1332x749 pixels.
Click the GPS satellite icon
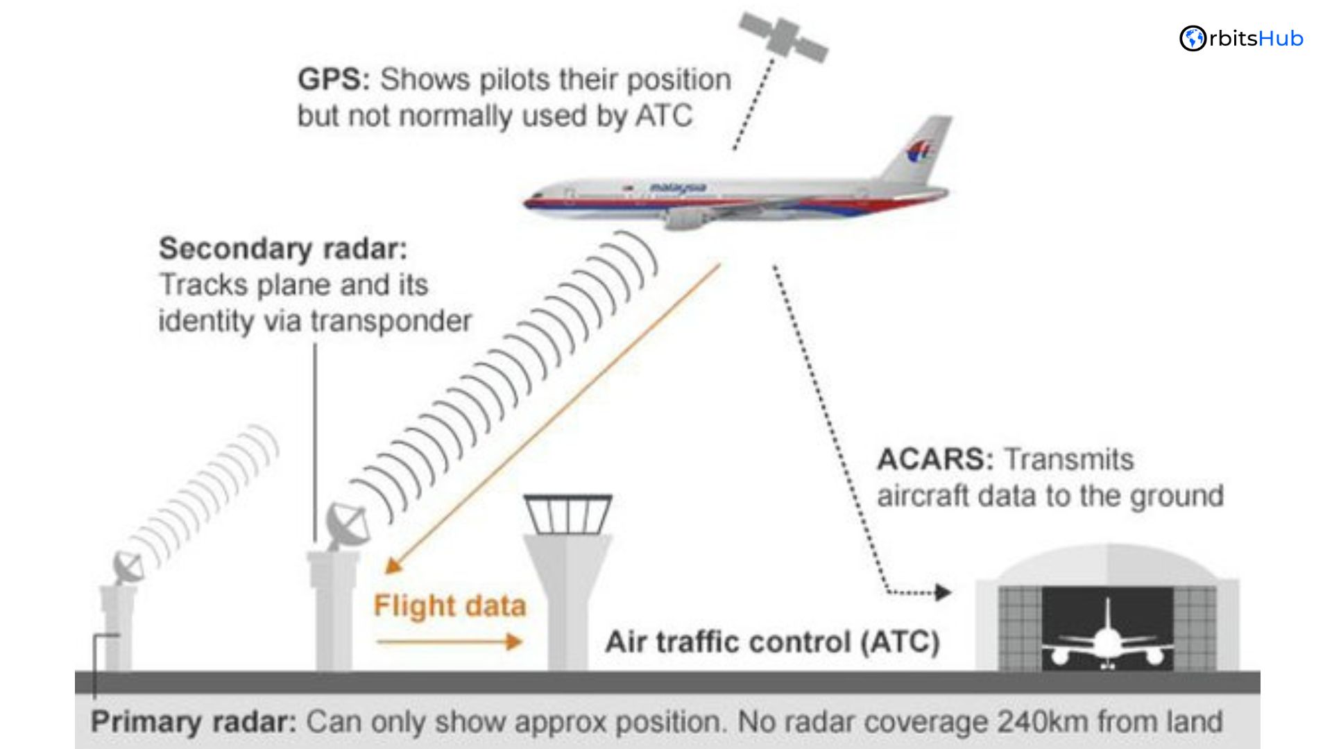click(x=783, y=36)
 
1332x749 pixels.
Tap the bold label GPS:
click(x=334, y=80)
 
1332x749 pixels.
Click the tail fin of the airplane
click(x=920, y=149)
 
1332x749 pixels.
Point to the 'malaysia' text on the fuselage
click(x=678, y=187)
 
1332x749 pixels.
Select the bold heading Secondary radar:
click(x=283, y=249)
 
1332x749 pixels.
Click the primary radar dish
click(x=129, y=567)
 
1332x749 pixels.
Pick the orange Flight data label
click(x=450, y=606)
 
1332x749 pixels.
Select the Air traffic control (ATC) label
click(x=772, y=642)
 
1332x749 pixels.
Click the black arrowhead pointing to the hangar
click(x=943, y=592)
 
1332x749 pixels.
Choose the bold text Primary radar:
click(x=194, y=723)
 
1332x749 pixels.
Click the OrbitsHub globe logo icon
click(x=1193, y=39)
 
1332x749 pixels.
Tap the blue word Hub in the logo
click(x=1281, y=39)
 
